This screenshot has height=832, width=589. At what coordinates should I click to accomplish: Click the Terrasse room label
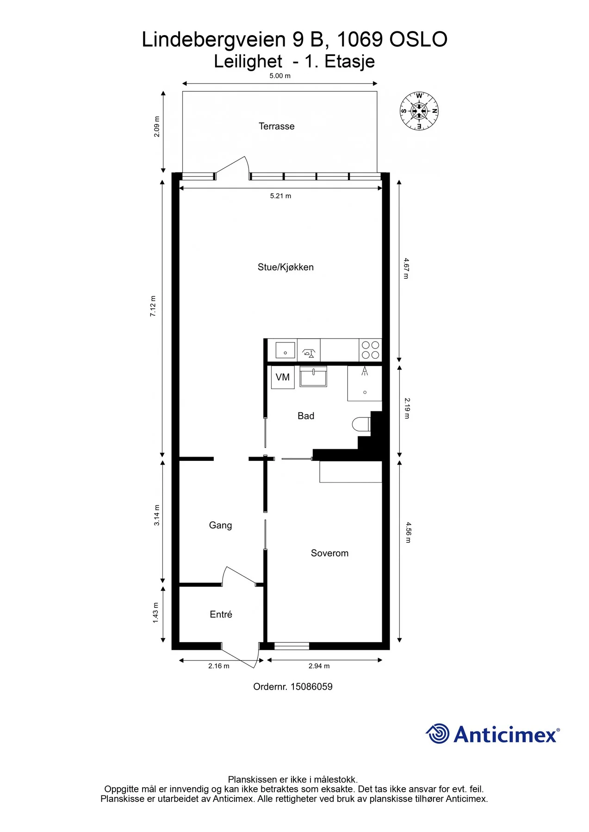click(276, 126)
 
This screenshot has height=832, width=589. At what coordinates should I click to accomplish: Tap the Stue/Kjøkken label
click(285, 267)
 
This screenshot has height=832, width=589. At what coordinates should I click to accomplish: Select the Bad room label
click(306, 416)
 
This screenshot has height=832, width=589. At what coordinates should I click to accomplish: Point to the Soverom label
click(329, 553)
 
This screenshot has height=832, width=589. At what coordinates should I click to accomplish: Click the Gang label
click(220, 526)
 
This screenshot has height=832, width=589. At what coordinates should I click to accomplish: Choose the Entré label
click(221, 614)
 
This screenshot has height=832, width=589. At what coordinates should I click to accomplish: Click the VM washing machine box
click(283, 377)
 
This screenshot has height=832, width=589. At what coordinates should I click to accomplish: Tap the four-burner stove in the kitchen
click(370, 350)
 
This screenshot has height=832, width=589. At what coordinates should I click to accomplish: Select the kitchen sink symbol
click(285, 350)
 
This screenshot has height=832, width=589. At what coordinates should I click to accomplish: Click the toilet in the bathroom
click(361, 424)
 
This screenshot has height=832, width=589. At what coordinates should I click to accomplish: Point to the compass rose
click(419, 111)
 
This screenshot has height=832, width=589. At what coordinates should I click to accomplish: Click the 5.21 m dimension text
click(280, 196)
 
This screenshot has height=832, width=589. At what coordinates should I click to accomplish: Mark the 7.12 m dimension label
click(153, 306)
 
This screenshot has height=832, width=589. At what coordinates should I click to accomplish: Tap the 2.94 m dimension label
click(319, 666)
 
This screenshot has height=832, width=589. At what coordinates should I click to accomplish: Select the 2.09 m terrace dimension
click(157, 127)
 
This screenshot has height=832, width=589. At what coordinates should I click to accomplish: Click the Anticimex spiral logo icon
click(437, 734)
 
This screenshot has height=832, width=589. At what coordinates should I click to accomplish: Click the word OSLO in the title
click(418, 39)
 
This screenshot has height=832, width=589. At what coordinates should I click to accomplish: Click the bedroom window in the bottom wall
click(291, 646)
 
